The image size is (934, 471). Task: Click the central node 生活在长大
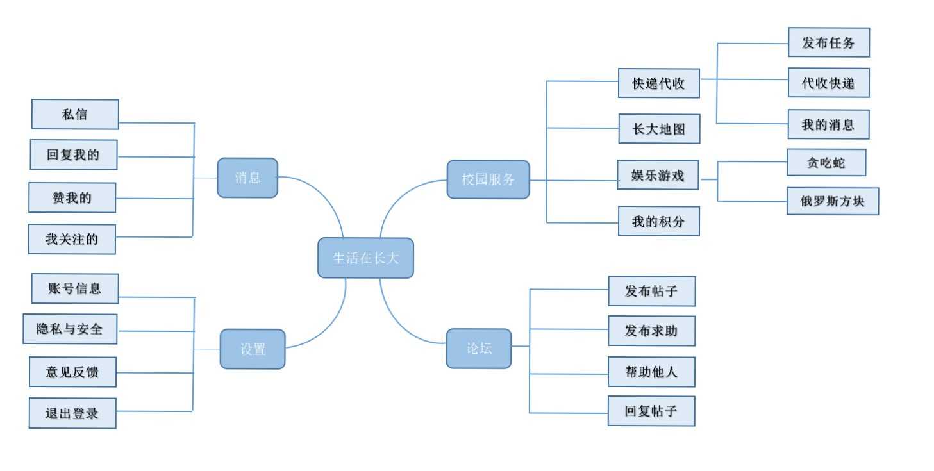point(365,258)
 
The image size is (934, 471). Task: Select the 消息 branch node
point(247,178)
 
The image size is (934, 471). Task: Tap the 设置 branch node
point(253,349)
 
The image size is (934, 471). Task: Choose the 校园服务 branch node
point(488,179)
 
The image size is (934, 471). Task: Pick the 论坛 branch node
point(479,349)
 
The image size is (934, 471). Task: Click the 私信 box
point(75,115)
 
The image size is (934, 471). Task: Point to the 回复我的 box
point(74,154)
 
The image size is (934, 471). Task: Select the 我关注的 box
point(72,239)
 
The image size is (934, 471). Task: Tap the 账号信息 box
point(75,288)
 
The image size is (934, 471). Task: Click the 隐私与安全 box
point(70,329)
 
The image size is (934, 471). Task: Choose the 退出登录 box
point(72,413)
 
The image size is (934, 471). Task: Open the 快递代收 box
point(658,83)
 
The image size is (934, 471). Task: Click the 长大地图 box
point(659,129)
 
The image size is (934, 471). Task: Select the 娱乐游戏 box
point(658,175)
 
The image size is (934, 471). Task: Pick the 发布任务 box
point(828,43)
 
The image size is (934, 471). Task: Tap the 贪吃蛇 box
point(826,163)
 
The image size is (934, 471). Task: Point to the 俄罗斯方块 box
point(832,201)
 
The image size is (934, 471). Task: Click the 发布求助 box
point(651,331)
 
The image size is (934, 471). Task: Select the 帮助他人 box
point(651,372)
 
